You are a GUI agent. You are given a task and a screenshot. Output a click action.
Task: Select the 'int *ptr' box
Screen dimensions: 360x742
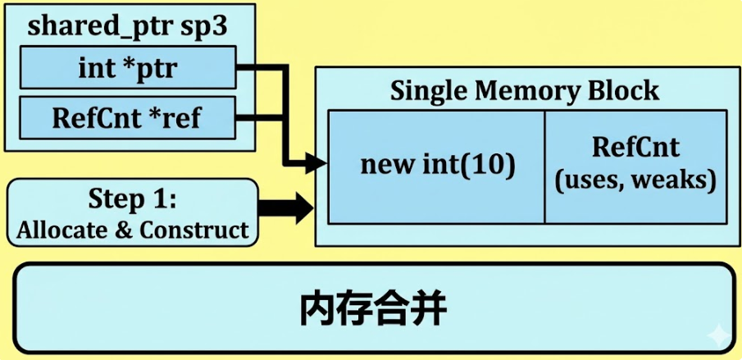127,67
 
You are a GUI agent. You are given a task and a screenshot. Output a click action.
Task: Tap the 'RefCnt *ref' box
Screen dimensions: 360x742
127,118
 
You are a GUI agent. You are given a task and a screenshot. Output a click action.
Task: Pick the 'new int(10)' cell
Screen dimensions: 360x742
437,166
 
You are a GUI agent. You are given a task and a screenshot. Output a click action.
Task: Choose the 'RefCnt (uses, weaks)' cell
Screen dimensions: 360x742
635,166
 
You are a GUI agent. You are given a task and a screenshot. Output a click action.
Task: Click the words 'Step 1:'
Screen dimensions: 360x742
132,200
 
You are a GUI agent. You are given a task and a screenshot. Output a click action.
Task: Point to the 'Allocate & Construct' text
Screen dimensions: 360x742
132,229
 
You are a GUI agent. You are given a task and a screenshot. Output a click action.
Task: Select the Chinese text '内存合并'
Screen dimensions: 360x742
371,310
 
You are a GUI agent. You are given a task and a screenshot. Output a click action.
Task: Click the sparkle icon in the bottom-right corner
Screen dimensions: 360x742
717,334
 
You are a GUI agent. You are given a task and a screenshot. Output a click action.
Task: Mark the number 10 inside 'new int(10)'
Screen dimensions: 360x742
489,166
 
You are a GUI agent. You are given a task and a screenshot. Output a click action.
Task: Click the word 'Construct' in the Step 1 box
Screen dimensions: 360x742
194,229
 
